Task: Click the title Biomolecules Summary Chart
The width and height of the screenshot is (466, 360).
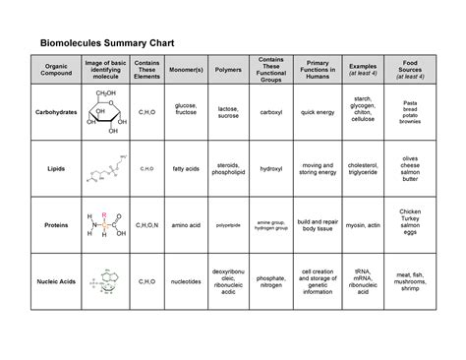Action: pos(109,42)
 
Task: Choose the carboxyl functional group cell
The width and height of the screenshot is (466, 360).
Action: pos(271,113)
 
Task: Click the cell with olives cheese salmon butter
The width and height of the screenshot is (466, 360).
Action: pos(411,169)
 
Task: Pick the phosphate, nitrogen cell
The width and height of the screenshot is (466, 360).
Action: pos(271,281)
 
